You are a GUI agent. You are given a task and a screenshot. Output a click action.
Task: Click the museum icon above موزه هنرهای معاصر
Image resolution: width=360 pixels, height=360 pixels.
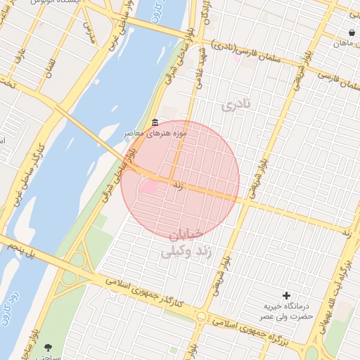pos(155,123)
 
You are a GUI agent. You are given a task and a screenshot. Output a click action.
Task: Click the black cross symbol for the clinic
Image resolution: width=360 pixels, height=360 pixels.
pos(286,295)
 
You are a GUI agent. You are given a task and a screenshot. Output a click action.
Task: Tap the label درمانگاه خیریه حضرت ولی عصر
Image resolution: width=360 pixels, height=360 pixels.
pos(288,311)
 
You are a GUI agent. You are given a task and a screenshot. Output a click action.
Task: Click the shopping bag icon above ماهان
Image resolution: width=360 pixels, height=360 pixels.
pos(351,32)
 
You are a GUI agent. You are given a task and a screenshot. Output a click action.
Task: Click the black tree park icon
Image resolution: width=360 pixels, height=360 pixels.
pos(48,347)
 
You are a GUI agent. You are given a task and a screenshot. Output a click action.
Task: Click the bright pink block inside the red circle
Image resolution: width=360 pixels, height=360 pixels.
pos(148,187)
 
